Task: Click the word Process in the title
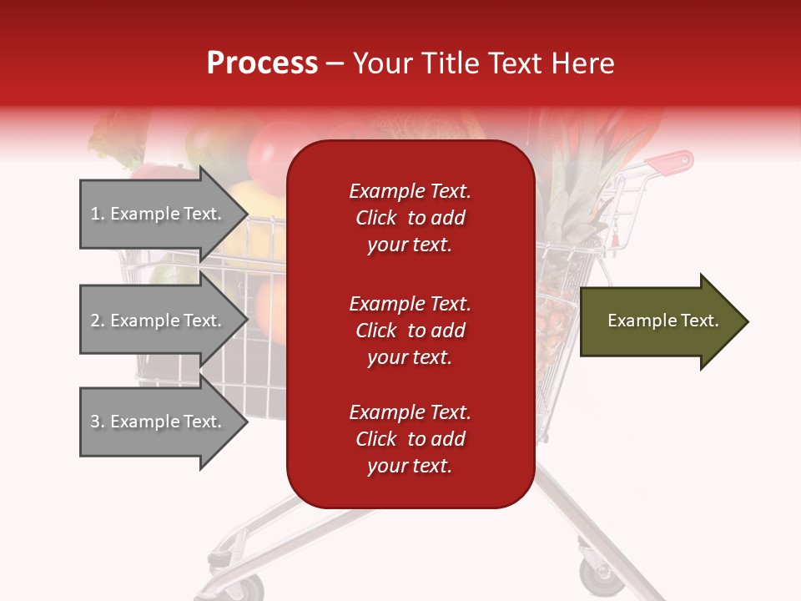[262, 63]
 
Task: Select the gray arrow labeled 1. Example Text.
[159, 214]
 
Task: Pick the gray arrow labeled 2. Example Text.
[159, 321]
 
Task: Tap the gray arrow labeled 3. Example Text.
[159, 422]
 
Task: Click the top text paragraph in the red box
[410, 218]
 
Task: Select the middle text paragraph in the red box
[410, 331]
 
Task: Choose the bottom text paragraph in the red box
[410, 439]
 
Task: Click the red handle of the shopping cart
[673, 164]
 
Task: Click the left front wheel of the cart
[219, 576]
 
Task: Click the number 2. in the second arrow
[97, 321]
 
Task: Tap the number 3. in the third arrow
[97, 422]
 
